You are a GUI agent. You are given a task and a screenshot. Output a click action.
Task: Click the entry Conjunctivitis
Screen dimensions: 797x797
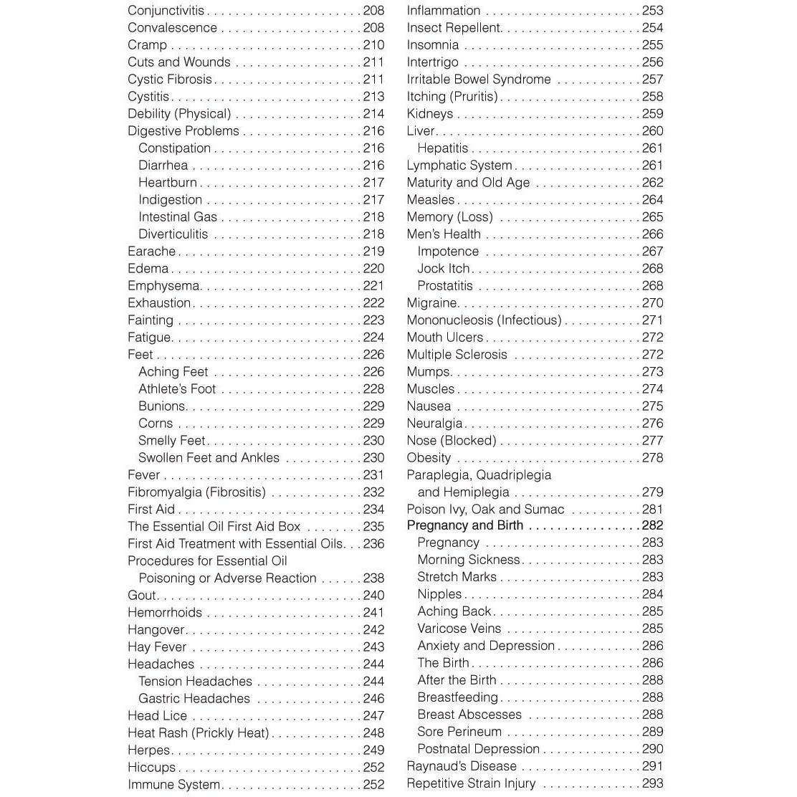point(166,11)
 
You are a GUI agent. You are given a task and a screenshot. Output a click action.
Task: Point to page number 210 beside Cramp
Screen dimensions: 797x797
point(373,45)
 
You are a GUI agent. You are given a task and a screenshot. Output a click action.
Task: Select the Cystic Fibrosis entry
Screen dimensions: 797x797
point(170,80)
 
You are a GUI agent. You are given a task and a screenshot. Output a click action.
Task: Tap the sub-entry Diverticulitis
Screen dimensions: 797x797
point(173,234)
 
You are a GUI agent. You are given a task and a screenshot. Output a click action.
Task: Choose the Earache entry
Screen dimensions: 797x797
point(151,252)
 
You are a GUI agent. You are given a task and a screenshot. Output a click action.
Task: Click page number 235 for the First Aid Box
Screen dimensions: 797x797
point(373,527)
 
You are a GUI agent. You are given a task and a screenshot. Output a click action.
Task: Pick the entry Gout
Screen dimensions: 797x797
point(141,596)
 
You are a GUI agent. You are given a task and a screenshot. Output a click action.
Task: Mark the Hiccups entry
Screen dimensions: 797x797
point(151,768)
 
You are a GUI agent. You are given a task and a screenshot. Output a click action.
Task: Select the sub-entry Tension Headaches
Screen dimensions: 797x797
point(195,682)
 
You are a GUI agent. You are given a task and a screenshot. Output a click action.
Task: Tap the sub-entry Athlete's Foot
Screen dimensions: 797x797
point(177,389)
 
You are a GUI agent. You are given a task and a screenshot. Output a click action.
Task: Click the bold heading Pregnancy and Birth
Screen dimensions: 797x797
point(464,525)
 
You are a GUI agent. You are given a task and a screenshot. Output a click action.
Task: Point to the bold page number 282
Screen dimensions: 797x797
point(652,525)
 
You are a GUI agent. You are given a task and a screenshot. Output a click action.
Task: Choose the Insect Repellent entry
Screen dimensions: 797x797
point(453,28)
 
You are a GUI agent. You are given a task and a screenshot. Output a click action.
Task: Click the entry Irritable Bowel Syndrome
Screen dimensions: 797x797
point(479,80)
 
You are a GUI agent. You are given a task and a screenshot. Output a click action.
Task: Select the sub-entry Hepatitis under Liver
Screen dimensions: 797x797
point(442,148)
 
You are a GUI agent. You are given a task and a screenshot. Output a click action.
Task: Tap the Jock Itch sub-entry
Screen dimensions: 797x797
point(443,269)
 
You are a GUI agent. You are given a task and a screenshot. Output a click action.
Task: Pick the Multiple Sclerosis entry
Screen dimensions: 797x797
point(457,355)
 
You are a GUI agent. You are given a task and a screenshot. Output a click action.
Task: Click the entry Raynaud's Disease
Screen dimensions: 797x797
point(462,766)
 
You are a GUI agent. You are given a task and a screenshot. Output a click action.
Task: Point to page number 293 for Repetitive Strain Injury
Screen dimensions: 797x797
point(652,783)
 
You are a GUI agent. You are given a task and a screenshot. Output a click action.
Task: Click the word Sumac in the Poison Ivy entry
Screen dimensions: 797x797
point(545,510)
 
